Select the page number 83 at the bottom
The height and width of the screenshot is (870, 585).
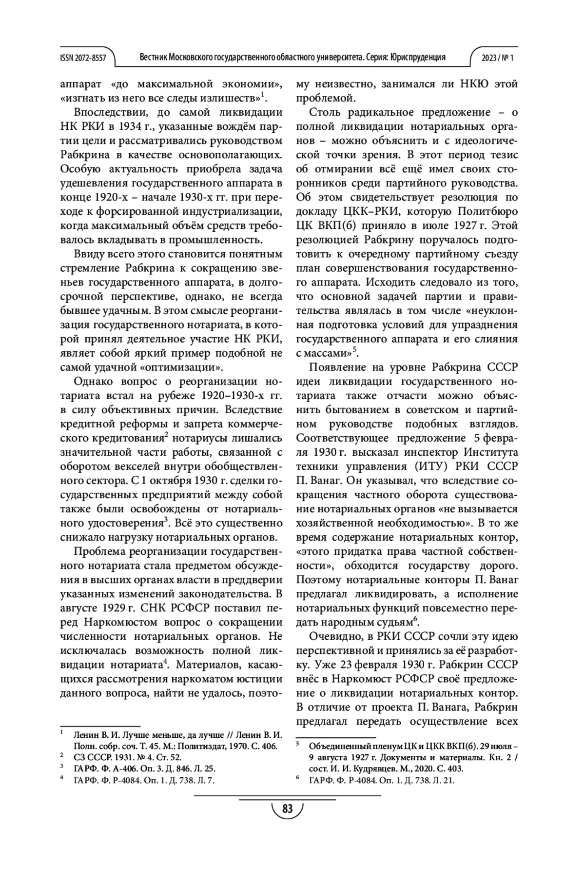[287, 809]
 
